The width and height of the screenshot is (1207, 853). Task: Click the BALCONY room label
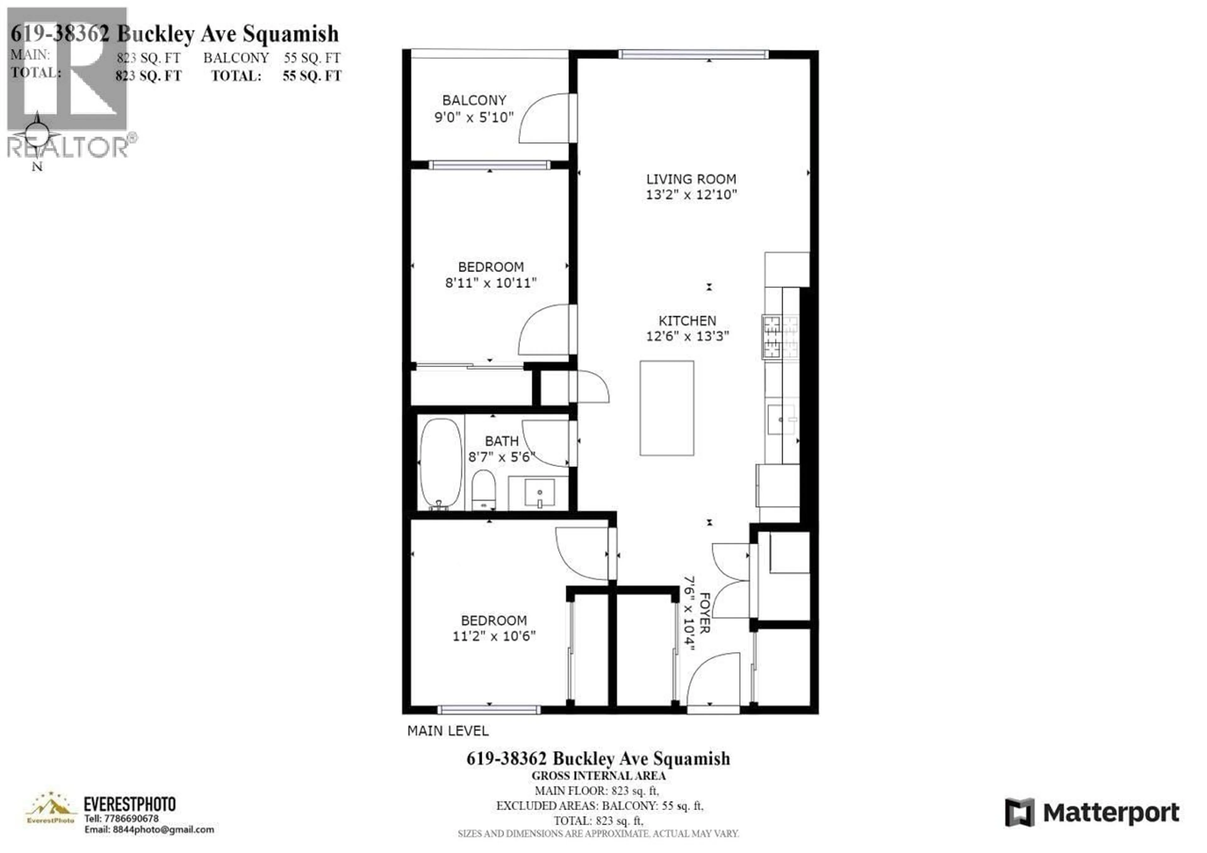(474, 100)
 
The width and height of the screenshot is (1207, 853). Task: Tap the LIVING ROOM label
(691, 179)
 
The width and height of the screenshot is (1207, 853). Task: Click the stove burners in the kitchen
(780, 337)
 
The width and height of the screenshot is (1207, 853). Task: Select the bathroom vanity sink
(539, 493)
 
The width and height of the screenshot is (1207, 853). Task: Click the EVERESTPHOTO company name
(129, 804)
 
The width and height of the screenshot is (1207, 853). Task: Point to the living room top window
(693, 54)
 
